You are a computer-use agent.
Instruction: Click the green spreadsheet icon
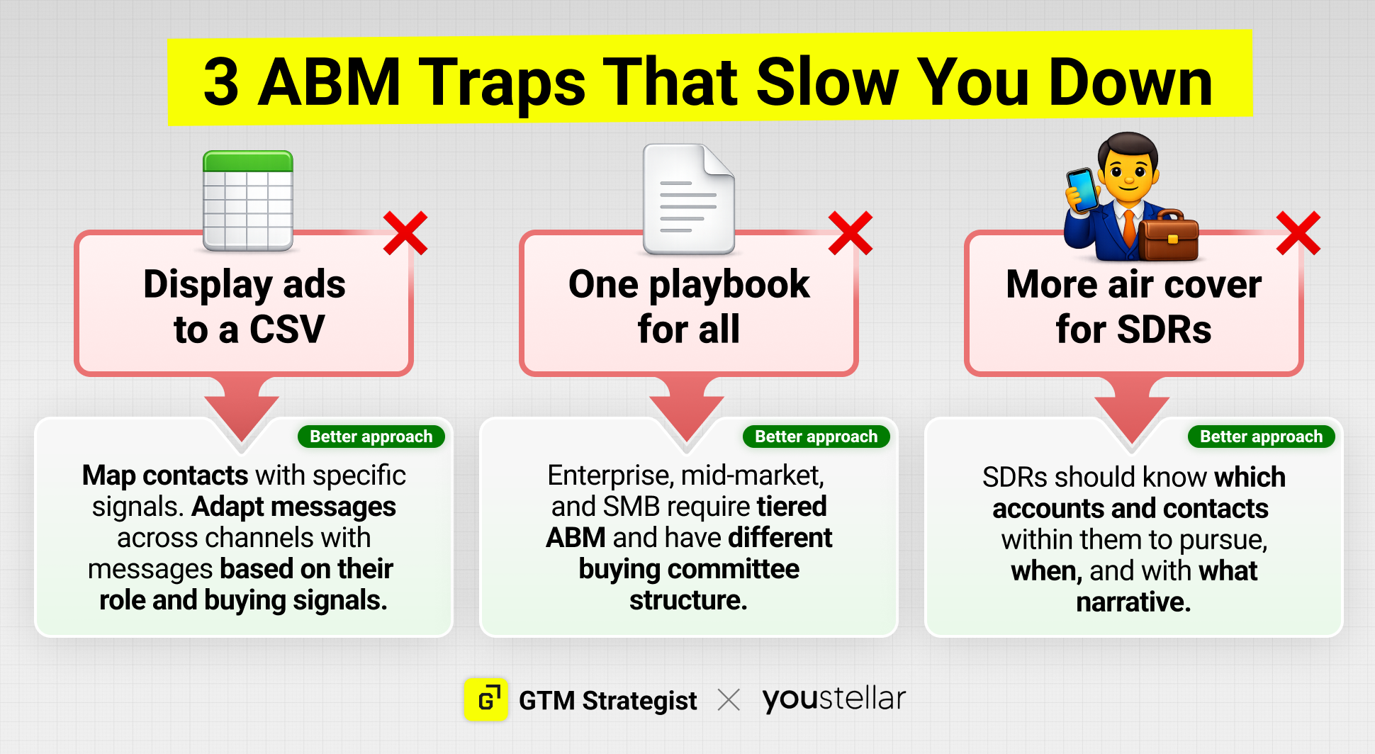pos(248,201)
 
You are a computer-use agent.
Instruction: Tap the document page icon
pos(688,199)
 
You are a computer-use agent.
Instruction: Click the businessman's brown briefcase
pos(1168,235)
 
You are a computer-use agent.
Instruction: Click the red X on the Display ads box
pos(405,233)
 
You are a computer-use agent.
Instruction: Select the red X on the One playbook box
pos(851,233)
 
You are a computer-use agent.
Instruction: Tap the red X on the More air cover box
pos(1298,233)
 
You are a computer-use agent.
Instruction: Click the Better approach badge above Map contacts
pos(371,437)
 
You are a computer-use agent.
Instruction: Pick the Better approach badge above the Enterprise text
pos(816,437)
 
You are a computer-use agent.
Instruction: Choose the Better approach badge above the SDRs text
pos(1262,437)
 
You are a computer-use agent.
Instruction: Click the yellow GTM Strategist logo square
pos(486,699)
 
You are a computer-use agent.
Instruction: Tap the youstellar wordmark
pos(834,699)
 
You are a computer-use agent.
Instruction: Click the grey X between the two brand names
pos(729,700)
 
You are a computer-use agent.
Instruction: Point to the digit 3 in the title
pos(221,82)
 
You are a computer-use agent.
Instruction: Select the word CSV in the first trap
pos(287,330)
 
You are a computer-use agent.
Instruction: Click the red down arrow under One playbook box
pos(687,410)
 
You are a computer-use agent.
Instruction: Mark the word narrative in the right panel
pos(1133,602)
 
